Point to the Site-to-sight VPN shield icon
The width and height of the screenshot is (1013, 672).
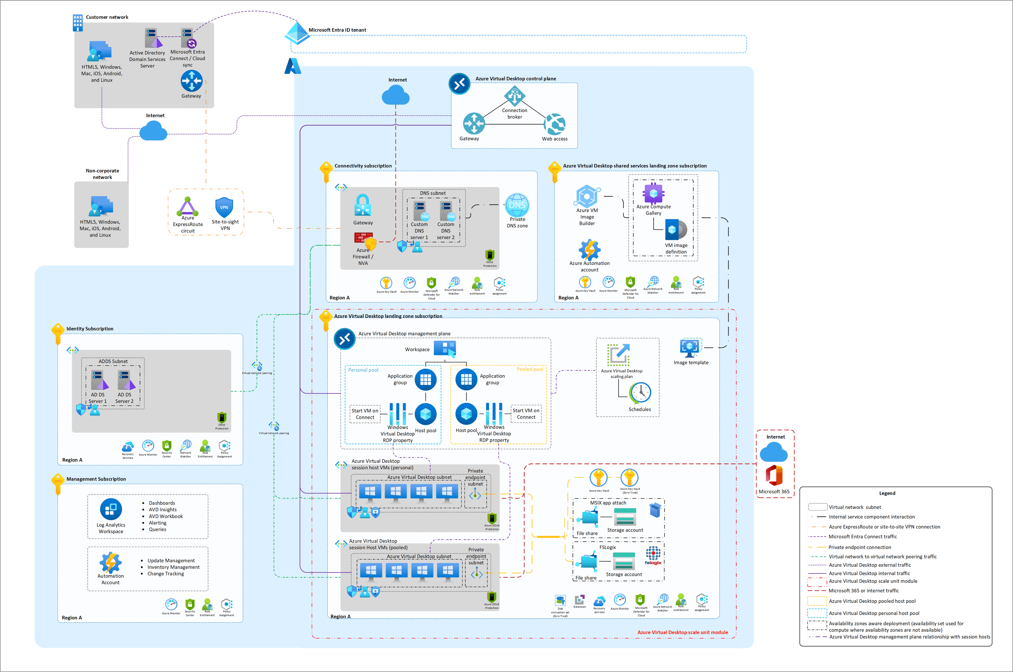(224, 208)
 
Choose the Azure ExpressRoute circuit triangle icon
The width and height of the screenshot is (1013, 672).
(188, 206)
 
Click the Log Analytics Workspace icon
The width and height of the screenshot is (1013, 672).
(111, 509)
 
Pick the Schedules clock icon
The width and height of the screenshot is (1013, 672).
(640, 393)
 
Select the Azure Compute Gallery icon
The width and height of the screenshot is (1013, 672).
(653, 193)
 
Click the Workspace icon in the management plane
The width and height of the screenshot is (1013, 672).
(445, 349)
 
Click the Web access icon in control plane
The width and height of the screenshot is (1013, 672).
(555, 124)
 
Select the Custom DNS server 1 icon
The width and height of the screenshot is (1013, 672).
(419, 211)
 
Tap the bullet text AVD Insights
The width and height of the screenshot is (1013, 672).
(163, 510)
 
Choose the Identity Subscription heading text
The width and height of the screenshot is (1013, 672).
(90, 329)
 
